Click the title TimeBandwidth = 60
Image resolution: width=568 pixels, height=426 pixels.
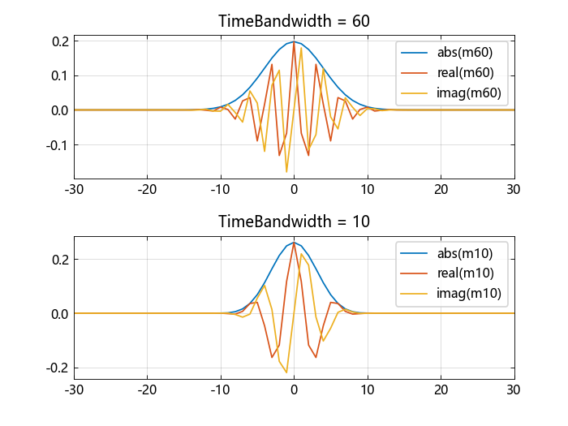294,21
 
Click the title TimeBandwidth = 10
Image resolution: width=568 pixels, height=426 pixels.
294,222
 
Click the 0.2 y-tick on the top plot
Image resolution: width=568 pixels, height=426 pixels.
59,41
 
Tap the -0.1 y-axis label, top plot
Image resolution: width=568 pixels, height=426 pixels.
58,145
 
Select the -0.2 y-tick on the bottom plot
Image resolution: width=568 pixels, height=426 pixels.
58,368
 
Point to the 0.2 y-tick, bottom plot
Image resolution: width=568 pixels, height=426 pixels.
59,260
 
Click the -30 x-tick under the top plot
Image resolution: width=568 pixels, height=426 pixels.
74,189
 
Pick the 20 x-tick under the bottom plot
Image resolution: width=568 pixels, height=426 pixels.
441,389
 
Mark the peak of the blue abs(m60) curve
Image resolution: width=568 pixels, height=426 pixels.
294,41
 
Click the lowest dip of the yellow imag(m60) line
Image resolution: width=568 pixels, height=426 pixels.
286,172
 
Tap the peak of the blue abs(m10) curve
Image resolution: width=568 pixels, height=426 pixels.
294,242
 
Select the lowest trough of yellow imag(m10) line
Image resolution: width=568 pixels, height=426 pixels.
286,372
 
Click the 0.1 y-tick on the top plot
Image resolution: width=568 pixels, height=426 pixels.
59,75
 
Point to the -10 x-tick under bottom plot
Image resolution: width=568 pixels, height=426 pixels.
220,389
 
